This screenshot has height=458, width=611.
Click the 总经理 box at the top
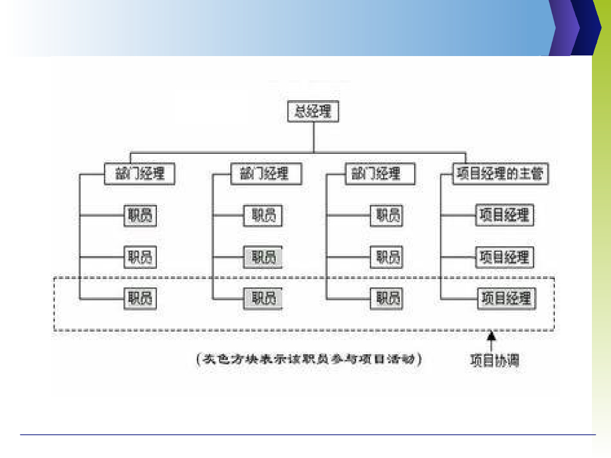[313, 112]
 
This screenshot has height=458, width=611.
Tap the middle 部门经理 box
[266, 174]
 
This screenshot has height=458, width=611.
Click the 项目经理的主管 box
[501, 174]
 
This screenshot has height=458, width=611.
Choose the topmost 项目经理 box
[505, 215]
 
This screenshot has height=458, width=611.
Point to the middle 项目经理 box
[505, 258]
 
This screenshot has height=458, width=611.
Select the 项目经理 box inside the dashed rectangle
[506, 298]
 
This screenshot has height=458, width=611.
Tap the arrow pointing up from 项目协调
[492, 342]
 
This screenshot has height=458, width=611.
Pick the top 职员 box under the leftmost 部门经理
[140, 215]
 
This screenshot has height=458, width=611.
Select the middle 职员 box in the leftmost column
[140, 258]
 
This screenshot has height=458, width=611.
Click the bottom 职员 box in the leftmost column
[140, 298]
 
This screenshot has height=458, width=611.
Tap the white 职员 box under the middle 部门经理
[263, 215]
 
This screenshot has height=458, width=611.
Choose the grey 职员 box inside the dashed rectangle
[263, 298]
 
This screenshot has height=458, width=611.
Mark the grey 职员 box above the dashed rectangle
[263, 258]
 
